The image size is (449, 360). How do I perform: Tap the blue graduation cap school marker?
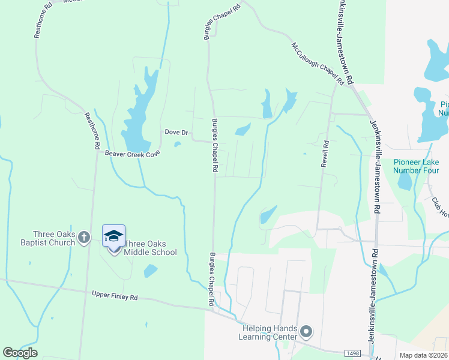coord(113,236)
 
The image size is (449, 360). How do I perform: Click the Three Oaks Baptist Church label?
coord(54,238)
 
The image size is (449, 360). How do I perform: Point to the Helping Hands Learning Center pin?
coord(307,331)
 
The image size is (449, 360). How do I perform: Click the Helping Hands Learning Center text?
coord(270,332)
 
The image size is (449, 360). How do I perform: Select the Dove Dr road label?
coord(176,132)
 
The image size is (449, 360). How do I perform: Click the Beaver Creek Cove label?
coord(133,153)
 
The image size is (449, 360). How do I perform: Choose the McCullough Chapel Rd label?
coord(318,63)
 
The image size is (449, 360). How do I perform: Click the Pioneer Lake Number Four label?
coord(416,166)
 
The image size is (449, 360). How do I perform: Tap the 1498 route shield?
coord(353,353)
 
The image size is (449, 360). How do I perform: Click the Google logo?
coord(20,352)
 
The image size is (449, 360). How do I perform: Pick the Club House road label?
coord(439,208)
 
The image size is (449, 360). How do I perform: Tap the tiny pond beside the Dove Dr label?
coord(177,144)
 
